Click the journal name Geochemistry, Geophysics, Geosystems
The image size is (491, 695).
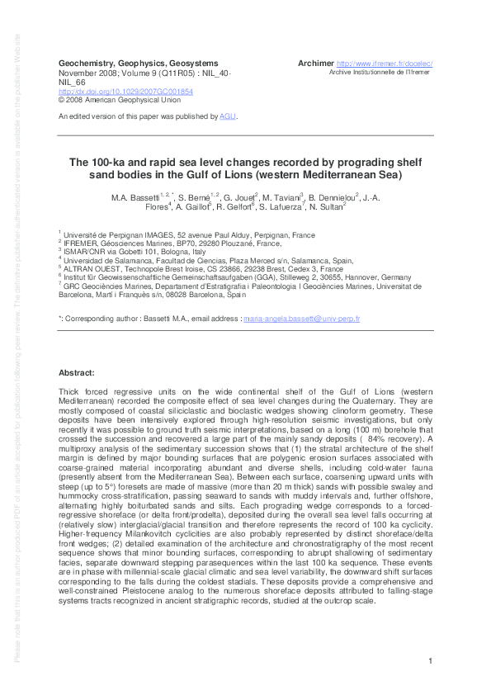(x=139, y=63)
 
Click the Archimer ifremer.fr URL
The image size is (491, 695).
(x=392, y=64)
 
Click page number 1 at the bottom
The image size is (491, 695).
(x=431, y=663)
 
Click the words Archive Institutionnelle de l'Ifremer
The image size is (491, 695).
(x=380, y=73)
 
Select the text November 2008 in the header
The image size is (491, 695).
(x=86, y=72)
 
